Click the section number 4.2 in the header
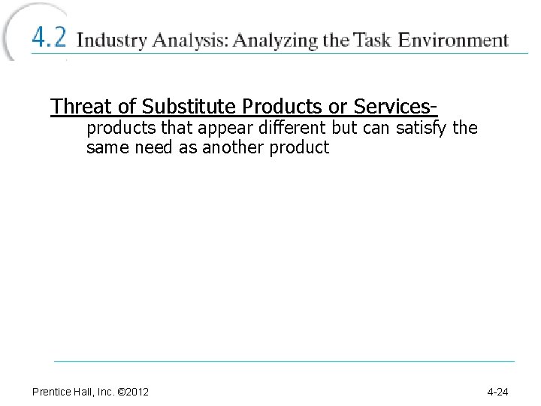point(49,38)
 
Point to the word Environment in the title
point(454,39)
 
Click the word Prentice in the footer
point(52,392)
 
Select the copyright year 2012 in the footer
point(139,392)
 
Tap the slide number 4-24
point(497,392)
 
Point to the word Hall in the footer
point(83,392)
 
